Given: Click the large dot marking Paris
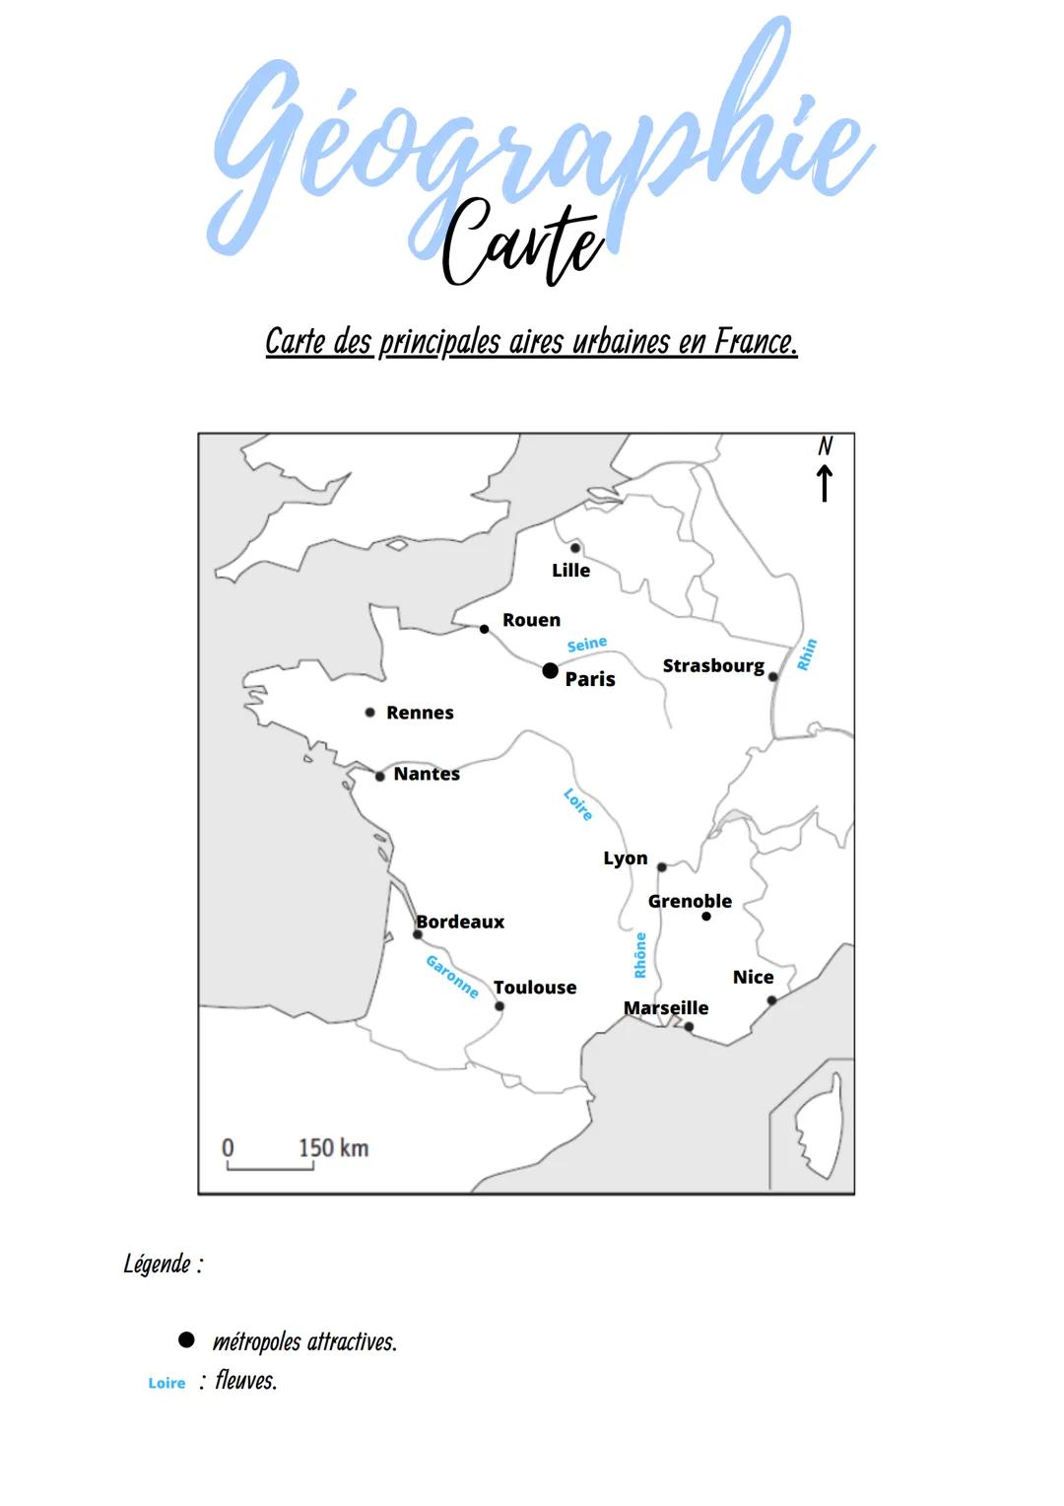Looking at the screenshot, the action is [550, 671].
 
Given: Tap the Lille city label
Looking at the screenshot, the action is [570, 571].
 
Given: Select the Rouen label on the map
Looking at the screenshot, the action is [531, 620].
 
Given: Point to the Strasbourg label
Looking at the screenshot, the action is [713, 666].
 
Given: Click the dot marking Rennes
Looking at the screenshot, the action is [370, 713].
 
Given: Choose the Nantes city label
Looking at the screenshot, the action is [427, 775].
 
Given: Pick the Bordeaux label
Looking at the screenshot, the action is [460, 923].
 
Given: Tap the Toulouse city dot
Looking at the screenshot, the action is [499, 1006].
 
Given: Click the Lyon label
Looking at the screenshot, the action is [626, 859].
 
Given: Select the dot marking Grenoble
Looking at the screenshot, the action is [705, 917].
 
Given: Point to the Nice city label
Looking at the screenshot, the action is [753, 978].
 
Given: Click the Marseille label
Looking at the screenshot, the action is [666, 1008].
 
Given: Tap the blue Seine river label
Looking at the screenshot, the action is [587, 645].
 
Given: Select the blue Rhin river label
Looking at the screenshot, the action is [807, 655].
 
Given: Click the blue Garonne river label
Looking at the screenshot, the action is [452, 977].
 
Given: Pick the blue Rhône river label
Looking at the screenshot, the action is [640, 955].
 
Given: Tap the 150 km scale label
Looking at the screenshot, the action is [333, 1148].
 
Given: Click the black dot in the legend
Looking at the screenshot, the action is [186, 1340].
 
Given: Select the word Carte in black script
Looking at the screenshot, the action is [522, 242].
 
